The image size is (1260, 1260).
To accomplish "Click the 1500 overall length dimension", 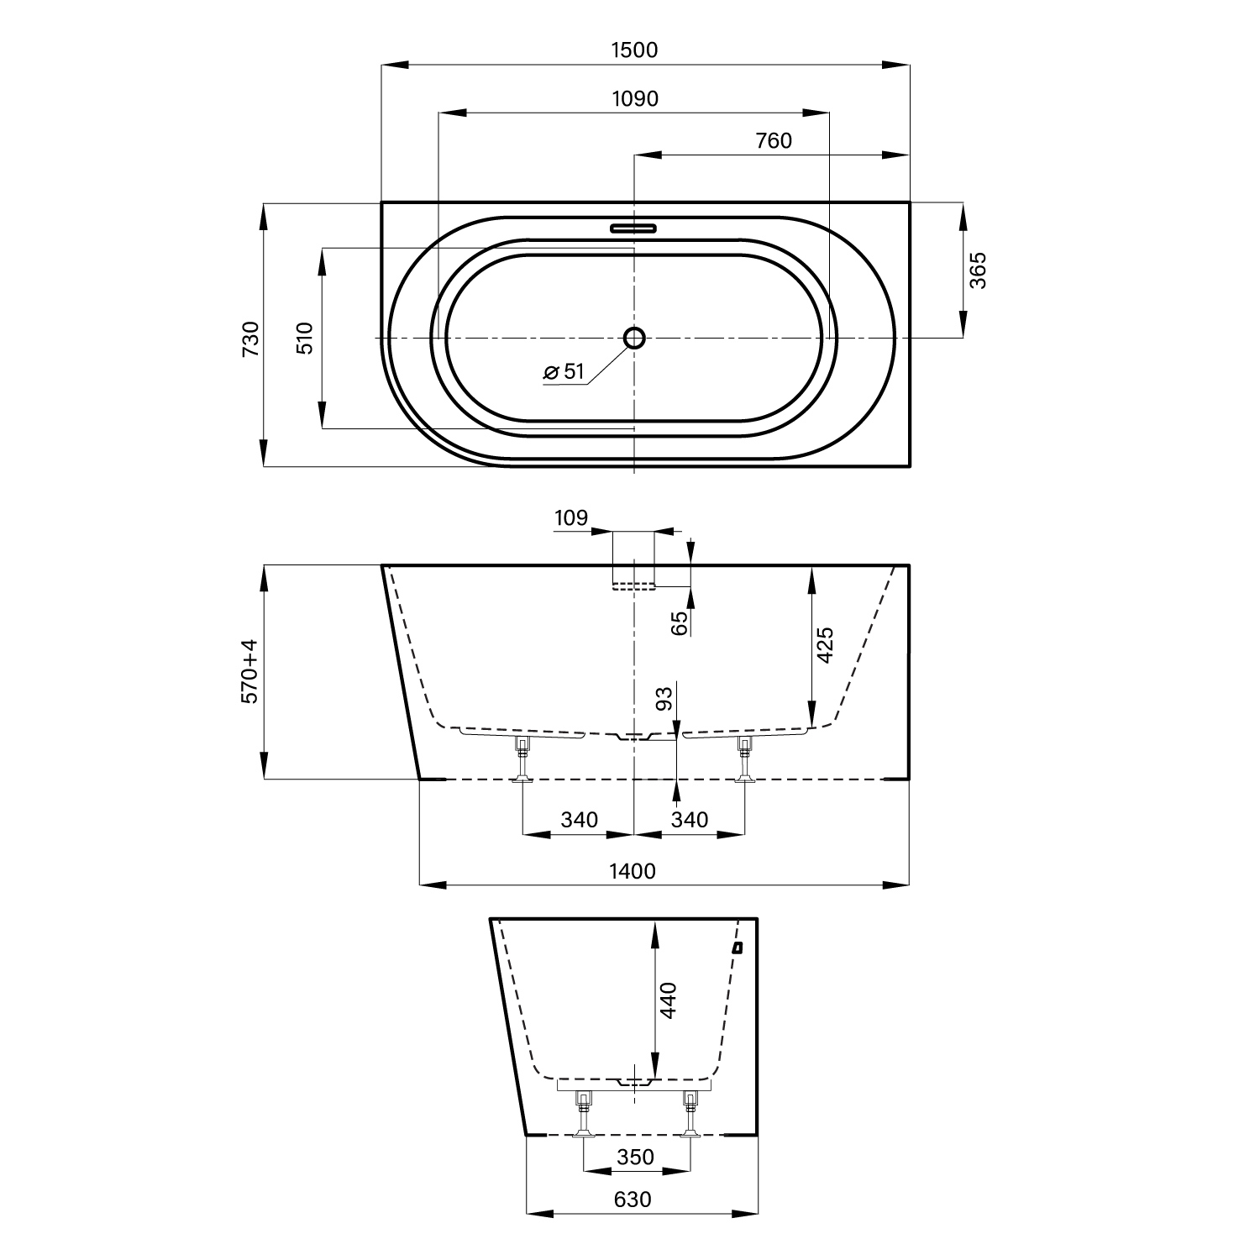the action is click(634, 50).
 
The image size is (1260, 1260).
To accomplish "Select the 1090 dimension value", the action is click(635, 99).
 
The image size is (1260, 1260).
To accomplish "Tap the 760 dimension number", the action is click(774, 140).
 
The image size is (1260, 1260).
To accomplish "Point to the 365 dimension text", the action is click(979, 270).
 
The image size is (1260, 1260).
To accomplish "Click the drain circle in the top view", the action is click(634, 338).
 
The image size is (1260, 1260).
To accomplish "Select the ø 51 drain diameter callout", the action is click(564, 371).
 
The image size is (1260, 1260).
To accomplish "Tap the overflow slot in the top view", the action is click(633, 227).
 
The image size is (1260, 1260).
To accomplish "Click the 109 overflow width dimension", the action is click(571, 518).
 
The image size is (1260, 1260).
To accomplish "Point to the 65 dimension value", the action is click(680, 622).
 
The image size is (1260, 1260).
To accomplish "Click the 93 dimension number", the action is click(664, 699).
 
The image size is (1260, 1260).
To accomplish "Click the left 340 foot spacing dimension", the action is click(579, 819).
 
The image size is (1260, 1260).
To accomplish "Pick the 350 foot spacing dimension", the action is click(635, 1157).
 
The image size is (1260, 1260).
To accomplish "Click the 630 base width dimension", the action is click(632, 1200).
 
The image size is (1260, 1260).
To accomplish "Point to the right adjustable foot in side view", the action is click(743, 760).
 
